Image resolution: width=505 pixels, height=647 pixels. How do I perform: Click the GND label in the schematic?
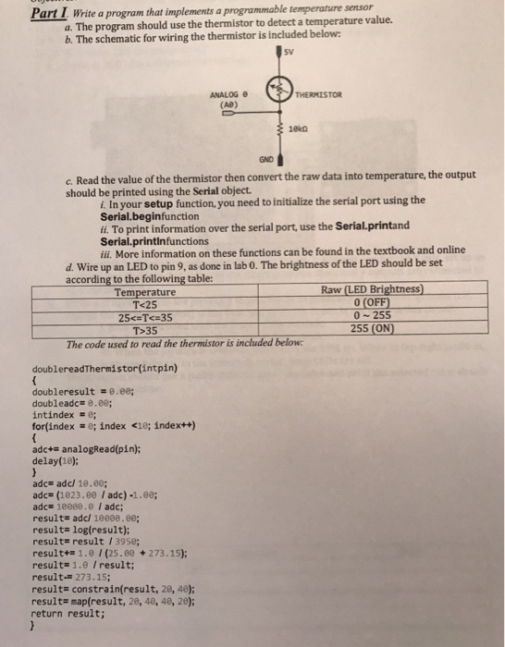tap(265, 159)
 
